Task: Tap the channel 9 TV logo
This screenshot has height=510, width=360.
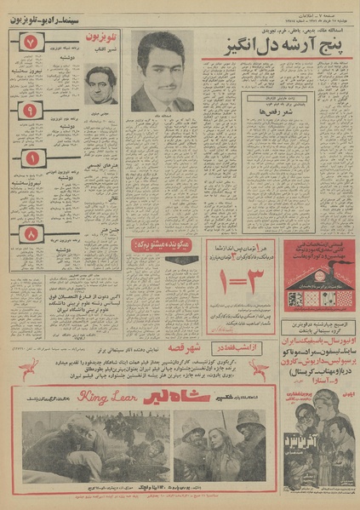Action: pyautogui.click(x=30, y=110)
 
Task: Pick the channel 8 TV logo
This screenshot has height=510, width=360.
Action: pyautogui.click(x=31, y=232)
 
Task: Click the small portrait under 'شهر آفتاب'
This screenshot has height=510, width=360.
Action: pyautogui.click(x=101, y=85)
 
